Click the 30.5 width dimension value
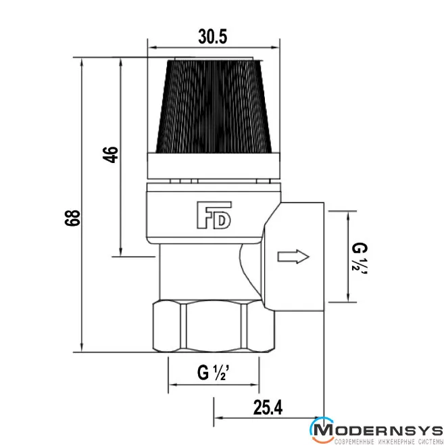(x=213, y=37)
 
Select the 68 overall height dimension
(x=72, y=218)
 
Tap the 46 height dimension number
(x=111, y=155)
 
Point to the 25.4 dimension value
(x=268, y=407)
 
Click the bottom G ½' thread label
(x=214, y=373)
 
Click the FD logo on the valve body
(x=214, y=215)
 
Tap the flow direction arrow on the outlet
(x=293, y=256)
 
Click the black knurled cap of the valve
(x=214, y=106)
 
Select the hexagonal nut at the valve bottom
(x=214, y=327)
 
